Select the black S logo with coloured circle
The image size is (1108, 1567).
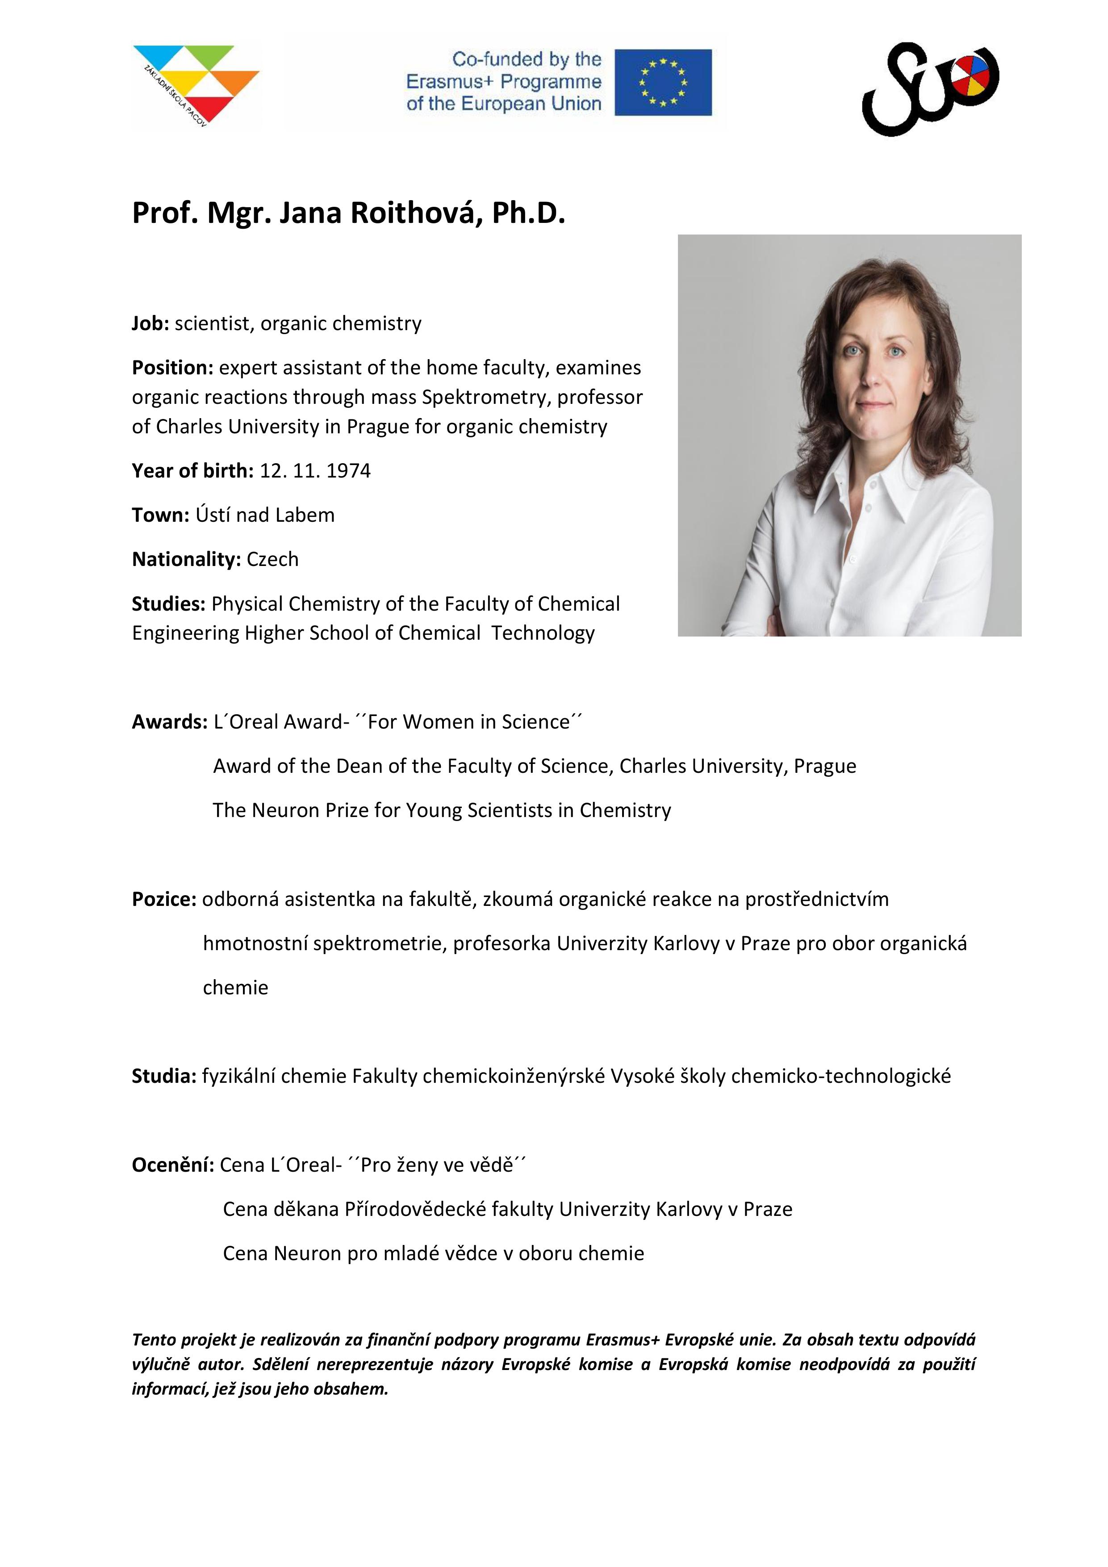(930, 88)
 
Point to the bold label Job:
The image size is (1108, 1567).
(150, 323)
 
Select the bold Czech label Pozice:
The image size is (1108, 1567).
(164, 900)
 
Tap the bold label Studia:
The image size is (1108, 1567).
(164, 1076)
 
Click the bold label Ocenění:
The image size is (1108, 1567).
(173, 1165)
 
